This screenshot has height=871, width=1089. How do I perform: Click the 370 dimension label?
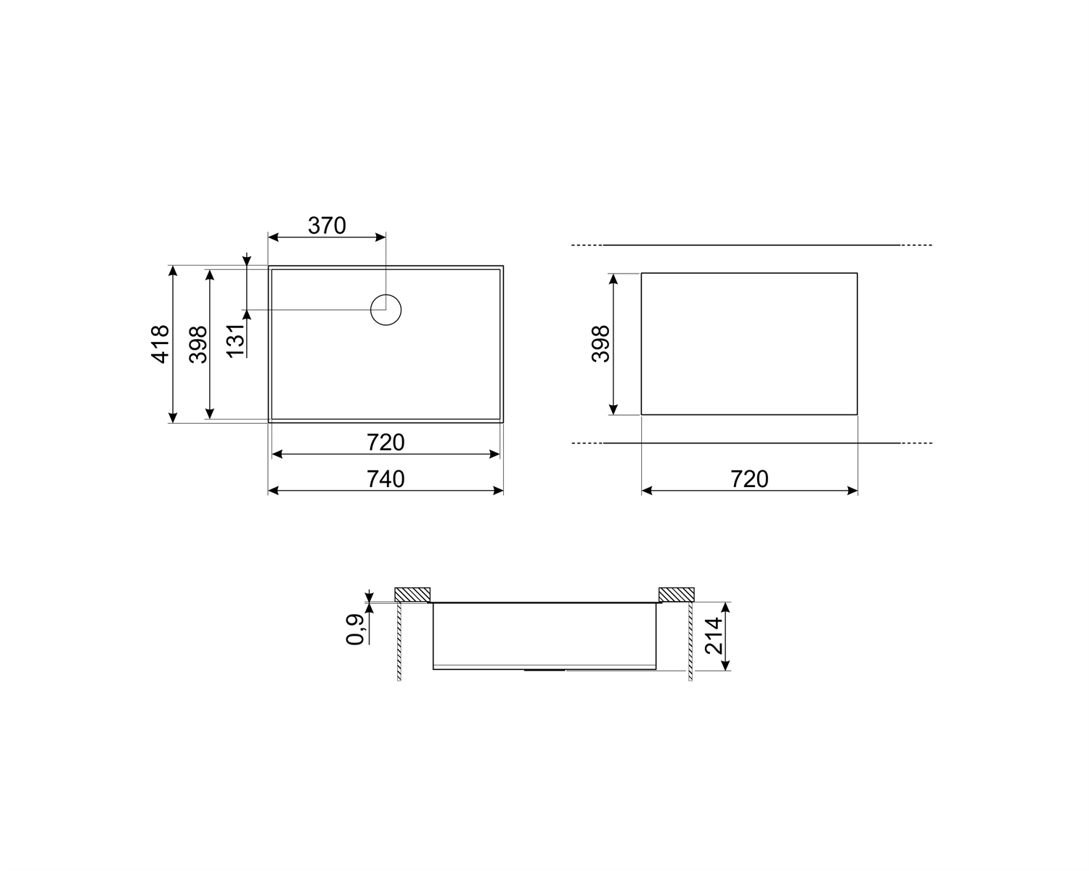327,226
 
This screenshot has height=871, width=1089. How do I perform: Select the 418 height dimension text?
160,343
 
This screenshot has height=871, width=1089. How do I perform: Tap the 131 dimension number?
235,340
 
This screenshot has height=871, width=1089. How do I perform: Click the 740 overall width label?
386,479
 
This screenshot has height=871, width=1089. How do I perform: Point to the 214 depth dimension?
714,636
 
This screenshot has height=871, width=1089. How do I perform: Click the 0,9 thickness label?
355,629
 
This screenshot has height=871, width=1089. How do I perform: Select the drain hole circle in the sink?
386,310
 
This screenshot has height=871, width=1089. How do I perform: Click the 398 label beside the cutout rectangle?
601,343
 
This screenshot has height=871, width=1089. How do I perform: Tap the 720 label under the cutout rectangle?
749,479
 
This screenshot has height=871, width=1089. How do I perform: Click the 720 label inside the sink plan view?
386,442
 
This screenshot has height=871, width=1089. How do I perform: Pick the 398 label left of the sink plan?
197,343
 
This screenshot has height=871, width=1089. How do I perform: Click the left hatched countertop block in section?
412,594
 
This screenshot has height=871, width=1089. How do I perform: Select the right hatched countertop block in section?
676,594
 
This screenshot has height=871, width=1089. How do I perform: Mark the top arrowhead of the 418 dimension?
173,271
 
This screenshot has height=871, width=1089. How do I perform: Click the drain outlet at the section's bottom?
544,669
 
